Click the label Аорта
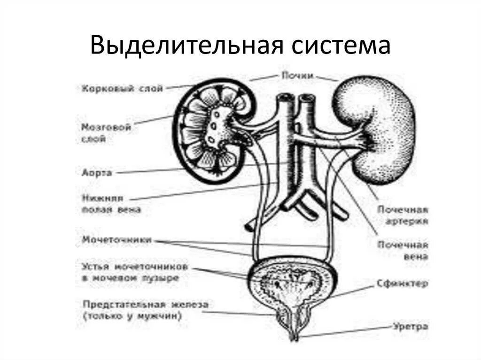tap(96, 173)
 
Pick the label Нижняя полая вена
tap(111, 204)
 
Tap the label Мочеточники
tap(116, 240)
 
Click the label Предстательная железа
tap(145, 305)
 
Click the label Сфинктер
tap(402, 284)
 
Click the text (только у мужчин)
tap(132, 316)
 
